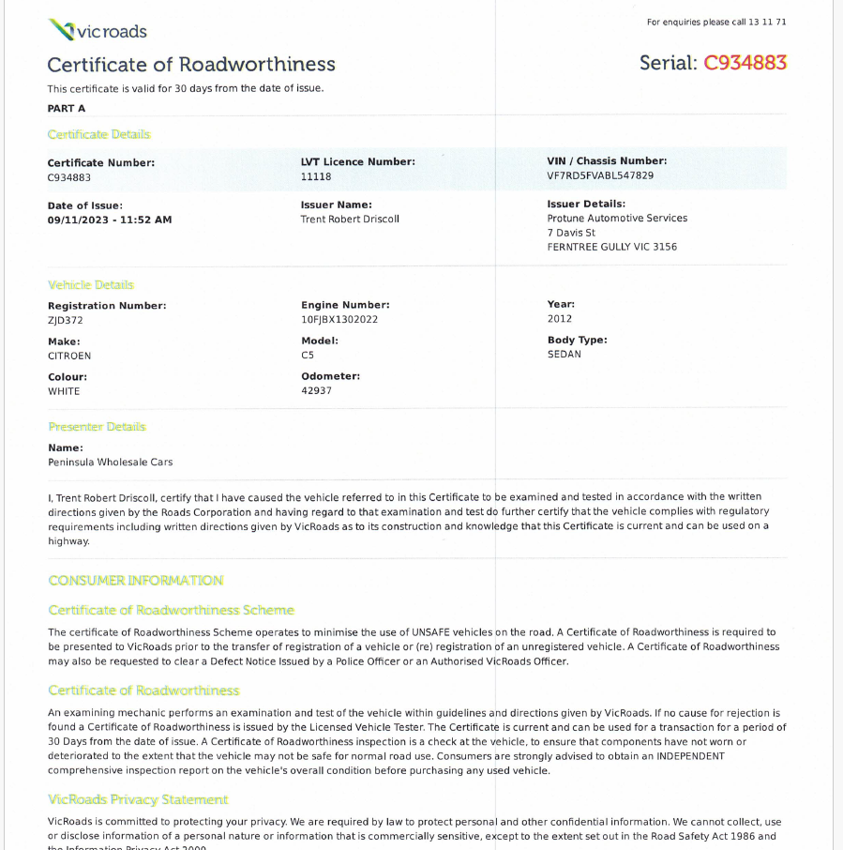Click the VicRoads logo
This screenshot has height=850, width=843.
coord(98,31)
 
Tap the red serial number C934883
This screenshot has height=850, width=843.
coord(745,63)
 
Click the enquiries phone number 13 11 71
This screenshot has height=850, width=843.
coord(768,23)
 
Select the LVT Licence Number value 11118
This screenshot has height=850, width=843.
coord(316,176)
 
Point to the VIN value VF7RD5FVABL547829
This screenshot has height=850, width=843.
coord(600,175)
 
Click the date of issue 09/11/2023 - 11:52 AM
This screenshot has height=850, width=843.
coord(110,220)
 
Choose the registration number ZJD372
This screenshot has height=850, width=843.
coord(66,320)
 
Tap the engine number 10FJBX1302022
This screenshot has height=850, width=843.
coord(339,320)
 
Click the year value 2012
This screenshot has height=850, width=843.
coord(560,319)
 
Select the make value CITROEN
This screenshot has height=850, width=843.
coord(69,356)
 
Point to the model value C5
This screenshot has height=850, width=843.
coord(308,356)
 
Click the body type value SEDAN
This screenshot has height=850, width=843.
coord(565,355)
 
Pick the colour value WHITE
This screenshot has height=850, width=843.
coord(64,391)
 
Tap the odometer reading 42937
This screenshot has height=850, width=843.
coord(317,390)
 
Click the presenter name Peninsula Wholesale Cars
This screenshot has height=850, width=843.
coord(111,463)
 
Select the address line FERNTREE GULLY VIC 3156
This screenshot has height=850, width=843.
coord(612,248)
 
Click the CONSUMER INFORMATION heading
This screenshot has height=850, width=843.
coord(136,581)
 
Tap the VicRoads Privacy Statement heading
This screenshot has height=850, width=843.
coord(138,800)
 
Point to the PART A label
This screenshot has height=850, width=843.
coord(67,109)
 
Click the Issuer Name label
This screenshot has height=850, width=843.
coord(337,205)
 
